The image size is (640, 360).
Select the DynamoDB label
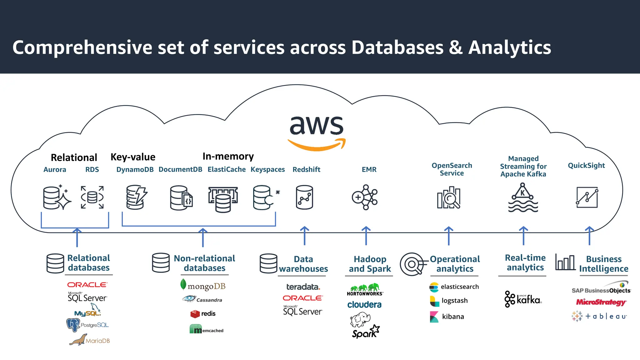coord(135,169)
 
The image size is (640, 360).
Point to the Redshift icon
coord(304,197)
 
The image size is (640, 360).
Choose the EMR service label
coord(369,169)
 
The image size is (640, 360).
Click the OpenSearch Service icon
coord(449,197)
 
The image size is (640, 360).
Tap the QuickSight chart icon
coord(587,197)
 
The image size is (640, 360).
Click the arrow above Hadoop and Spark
coord(366,236)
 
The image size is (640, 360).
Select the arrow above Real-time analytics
coord(523,236)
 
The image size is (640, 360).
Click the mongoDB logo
coord(203,285)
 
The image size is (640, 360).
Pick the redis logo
coord(203,313)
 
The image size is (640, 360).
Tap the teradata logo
coord(303,287)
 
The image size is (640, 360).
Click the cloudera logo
coord(364,304)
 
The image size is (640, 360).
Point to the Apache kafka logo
coord(523,299)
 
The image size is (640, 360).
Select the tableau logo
coord(599,316)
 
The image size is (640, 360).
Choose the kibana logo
coord(447,317)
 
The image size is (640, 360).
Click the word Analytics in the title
coord(510,47)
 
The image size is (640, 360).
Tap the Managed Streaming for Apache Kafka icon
coord(523,197)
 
